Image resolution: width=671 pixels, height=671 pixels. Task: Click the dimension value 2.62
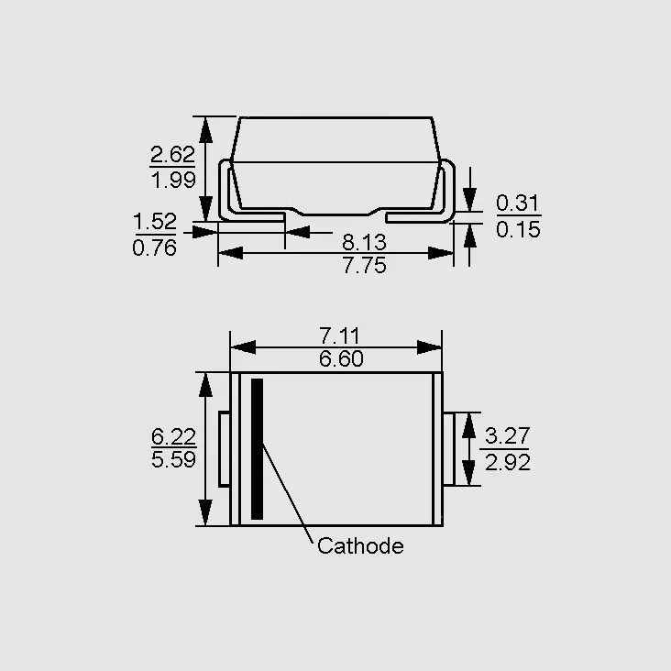pos(173,155)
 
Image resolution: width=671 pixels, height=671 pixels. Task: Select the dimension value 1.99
pos(174,180)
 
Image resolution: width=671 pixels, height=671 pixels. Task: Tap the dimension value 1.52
pos(155,222)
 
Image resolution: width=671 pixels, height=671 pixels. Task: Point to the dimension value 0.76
pos(155,248)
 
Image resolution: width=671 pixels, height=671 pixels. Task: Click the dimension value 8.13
pos(364,242)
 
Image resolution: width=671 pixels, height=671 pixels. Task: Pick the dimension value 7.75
pos(365,265)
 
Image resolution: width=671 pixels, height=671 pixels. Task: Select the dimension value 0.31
pos(518,203)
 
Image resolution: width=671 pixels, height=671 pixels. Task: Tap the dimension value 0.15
pos(518,229)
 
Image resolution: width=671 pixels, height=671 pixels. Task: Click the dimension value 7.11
pos(340,335)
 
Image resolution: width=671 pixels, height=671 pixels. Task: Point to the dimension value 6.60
pos(341,358)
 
